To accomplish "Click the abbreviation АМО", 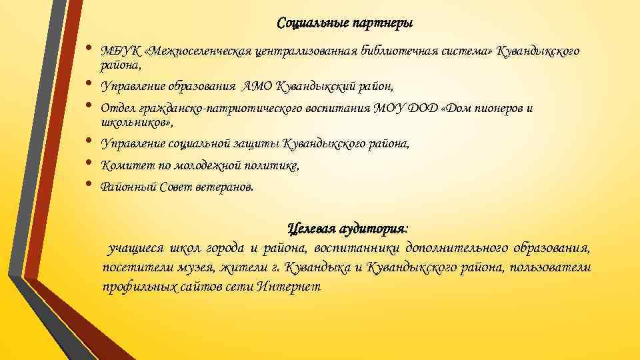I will point(257,86).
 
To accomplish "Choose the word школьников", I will point(135,123).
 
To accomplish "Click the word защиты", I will point(256,143).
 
